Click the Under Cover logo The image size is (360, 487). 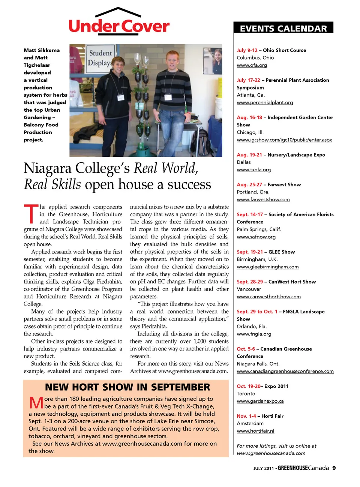119,22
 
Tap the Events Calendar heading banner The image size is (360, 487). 283,28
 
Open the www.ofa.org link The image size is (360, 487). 252,65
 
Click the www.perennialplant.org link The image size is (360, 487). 265,103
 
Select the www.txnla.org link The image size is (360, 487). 253,170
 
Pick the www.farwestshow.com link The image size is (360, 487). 263,200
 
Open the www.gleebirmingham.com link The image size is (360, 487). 267,267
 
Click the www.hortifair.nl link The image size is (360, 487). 255,431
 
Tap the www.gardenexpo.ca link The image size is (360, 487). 260,401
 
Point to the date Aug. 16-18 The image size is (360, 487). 249,118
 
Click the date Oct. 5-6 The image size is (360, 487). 246,349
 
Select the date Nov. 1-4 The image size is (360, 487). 246,416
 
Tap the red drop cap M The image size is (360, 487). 36,403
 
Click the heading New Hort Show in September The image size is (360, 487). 127,387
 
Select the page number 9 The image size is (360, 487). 334,468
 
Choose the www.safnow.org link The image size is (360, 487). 256,237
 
